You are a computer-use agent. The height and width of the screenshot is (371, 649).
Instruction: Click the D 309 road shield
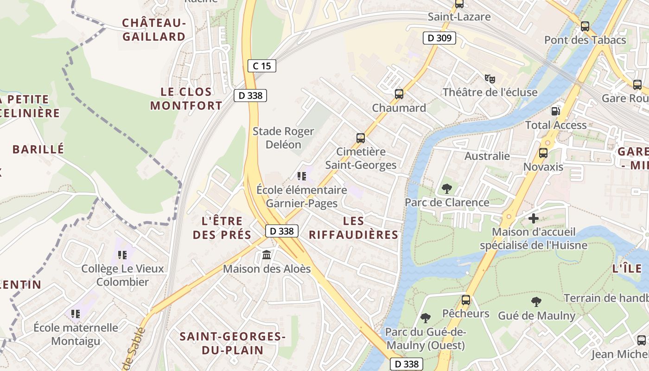coord(439,38)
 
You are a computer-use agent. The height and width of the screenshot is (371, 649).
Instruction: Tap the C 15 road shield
coord(261,66)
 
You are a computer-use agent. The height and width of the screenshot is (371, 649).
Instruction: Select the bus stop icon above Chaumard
coord(399,94)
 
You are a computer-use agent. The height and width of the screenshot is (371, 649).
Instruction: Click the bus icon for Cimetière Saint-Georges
coord(360,138)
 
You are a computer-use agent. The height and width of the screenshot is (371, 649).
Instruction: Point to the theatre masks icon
coord(490,78)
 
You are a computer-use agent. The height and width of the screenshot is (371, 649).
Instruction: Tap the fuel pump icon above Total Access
coord(555,111)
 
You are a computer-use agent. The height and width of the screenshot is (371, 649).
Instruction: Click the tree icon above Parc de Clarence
coord(446,188)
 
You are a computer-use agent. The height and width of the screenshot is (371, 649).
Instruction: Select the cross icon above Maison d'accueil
coord(533,218)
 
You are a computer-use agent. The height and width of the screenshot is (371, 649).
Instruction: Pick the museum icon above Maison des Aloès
coord(267,255)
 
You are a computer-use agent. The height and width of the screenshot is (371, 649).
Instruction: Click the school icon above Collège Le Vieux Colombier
coord(122,255)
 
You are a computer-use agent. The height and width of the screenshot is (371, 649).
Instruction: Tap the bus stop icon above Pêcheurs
coord(465,300)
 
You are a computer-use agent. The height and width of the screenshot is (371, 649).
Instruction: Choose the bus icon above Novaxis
coord(543,153)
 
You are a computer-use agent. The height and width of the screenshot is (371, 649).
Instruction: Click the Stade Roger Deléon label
coord(283,138)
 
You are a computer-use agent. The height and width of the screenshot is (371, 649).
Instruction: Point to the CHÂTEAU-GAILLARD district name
coord(153,30)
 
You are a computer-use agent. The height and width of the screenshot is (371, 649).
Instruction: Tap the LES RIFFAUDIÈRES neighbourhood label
coord(354,228)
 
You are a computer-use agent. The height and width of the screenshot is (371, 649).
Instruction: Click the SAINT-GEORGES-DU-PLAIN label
coord(232,343)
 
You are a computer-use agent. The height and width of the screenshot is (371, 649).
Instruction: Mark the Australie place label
coord(487,156)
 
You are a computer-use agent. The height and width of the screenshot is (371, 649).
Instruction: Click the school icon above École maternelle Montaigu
coord(76,314)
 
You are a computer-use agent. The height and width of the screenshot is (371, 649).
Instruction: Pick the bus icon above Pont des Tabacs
coord(585,26)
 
